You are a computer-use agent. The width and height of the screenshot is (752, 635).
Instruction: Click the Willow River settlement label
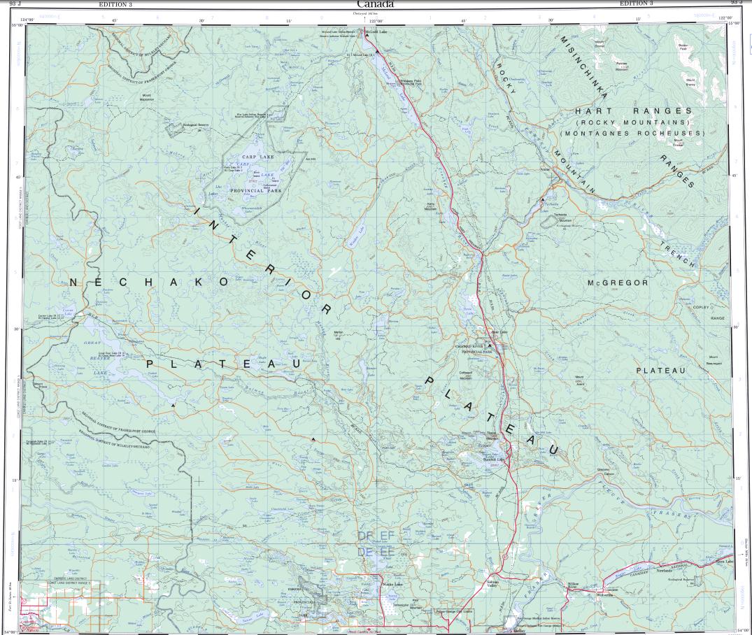click(x=573, y=585)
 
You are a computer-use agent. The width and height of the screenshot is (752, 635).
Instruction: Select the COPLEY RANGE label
click(x=701, y=313)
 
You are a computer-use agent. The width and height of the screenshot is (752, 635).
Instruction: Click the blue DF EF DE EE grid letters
click(x=376, y=544)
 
